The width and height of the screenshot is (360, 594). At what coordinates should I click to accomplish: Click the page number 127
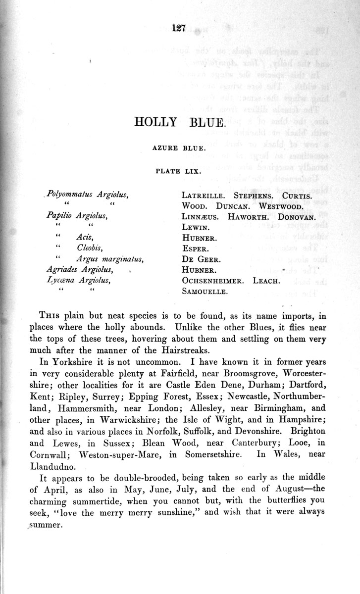(178, 28)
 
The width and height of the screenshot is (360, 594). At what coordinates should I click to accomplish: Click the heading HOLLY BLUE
(180, 122)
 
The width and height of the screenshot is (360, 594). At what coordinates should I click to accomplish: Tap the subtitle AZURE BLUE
(180, 147)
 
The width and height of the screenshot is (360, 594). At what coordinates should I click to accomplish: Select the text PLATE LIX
(179, 172)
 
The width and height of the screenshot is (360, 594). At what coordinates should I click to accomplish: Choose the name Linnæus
(200, 216)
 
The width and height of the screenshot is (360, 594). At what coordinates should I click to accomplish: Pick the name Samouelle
(204, 292)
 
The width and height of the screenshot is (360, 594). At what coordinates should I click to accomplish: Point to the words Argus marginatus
(110, 259)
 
